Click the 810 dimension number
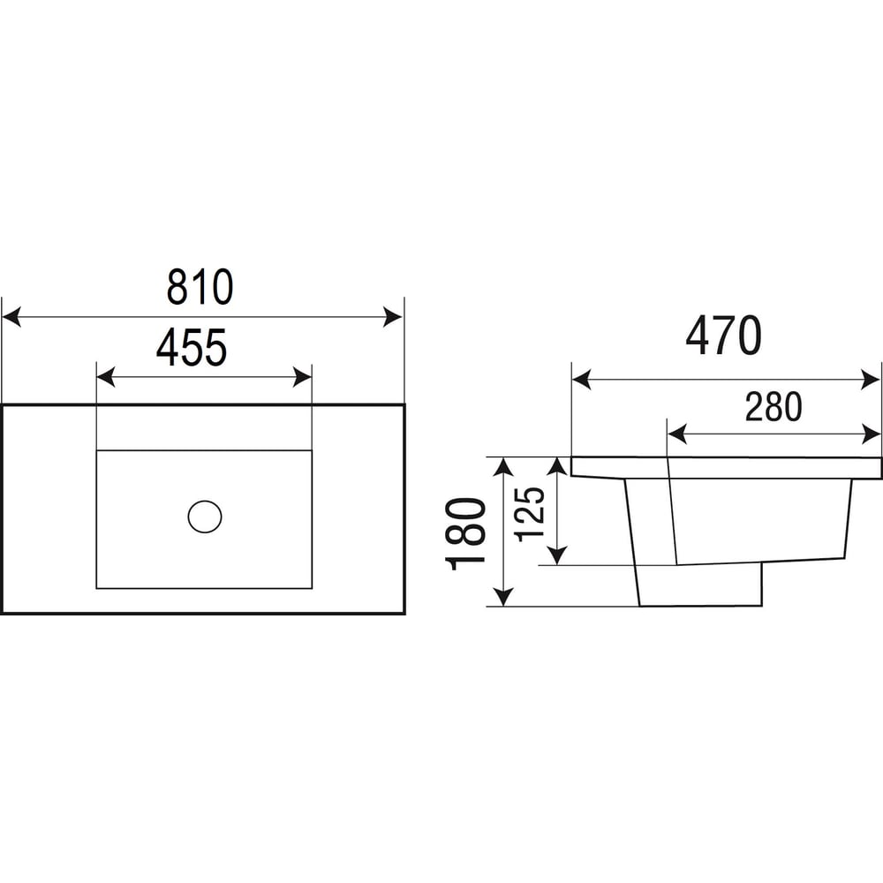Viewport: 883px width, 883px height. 200,287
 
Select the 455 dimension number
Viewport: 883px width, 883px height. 192,347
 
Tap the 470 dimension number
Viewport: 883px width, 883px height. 724,336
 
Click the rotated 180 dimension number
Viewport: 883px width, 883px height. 465,533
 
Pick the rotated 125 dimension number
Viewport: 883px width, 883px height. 530,514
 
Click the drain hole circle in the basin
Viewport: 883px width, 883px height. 205,517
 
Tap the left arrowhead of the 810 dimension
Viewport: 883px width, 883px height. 11,317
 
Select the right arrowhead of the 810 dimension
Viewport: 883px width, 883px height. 393,317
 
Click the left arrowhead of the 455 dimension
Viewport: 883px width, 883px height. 106,377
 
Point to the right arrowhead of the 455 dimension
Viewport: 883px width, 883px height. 302,377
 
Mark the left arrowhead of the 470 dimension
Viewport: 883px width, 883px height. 582,380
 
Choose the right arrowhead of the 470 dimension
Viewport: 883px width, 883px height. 871,380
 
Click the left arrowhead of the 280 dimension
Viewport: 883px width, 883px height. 677,434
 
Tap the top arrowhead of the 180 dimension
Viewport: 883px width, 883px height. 503,467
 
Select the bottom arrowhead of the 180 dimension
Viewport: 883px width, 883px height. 503,596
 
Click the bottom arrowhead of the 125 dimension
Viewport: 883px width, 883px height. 557,555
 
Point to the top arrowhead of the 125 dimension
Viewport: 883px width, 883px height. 557,467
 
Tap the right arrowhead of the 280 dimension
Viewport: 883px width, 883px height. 872,434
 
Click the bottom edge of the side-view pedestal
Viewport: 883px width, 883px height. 700,606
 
